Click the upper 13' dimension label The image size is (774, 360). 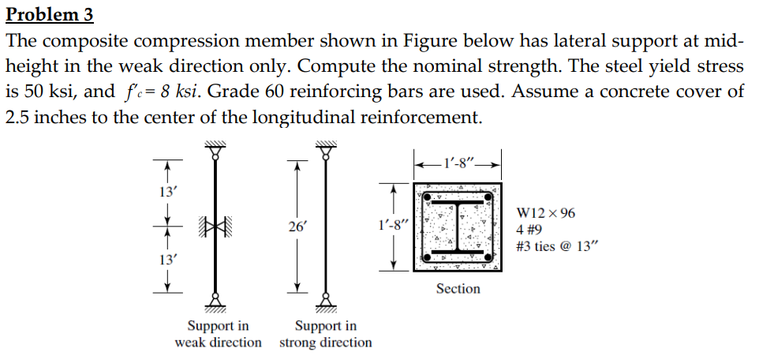tap(167, 191)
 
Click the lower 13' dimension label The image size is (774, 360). tap(167, 260)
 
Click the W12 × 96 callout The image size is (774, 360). tap(545, 213)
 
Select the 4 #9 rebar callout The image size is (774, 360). tap(529, 230)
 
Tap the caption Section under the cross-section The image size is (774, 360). tap(458, 289)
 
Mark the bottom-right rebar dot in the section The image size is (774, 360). tap(488, 257)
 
